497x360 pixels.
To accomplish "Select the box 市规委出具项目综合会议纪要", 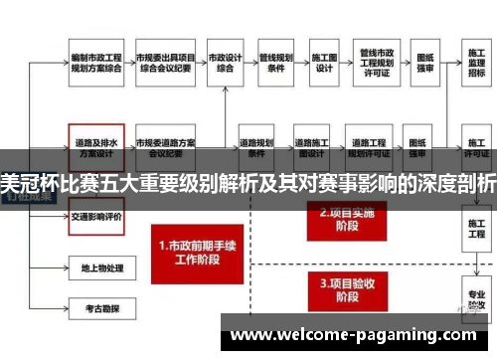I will pos(165,63).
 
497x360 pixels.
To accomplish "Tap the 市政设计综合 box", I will pos(227,63).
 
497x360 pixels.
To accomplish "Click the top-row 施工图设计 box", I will pos(324,63).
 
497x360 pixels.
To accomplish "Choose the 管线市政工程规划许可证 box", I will pos(379,63).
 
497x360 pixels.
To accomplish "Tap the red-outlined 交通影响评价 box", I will pos(96,215).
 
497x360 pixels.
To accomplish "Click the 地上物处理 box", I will pos(96,267).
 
